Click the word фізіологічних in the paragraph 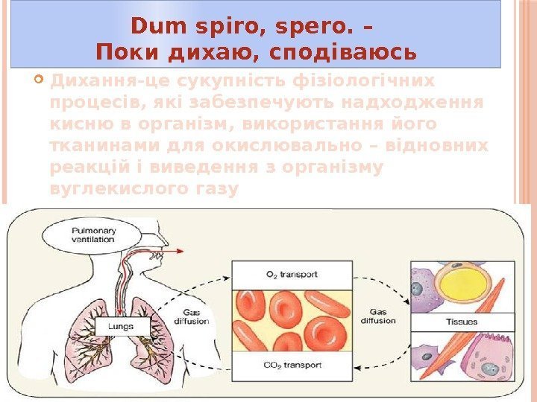(x=370, y=80)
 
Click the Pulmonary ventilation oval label (x=93, y=235)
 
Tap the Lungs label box (x=120, y=325)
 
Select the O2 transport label (x=292, y=274)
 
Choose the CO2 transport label (x=292, y=365)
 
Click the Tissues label (x=462, y=322)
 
